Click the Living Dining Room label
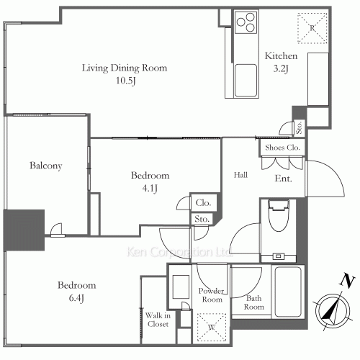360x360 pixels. coord(125,68)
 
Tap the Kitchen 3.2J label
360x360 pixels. coord(281,62)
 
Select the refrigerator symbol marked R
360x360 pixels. coord(312,28)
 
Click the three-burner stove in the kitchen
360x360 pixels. coord(246,22)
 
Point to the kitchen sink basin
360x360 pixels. coord(246,81)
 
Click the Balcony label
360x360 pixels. coord(46,166)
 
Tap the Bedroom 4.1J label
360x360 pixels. coord(150,181)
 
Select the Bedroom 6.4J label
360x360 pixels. coord(77,292)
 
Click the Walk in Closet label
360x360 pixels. coord(158,320)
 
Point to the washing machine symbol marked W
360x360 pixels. coord(212,327)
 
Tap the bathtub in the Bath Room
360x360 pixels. coord(288,292)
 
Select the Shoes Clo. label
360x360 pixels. coord(282,148)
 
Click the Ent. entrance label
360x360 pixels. coord(283,179)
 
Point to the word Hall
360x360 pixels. coord(240,175)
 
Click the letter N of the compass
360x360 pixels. coord(347,280)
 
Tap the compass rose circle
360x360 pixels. coord(333,294)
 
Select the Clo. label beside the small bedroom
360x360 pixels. coord(203,203)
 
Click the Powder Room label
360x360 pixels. coord(212,295)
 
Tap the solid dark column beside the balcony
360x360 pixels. coord(24,230)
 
